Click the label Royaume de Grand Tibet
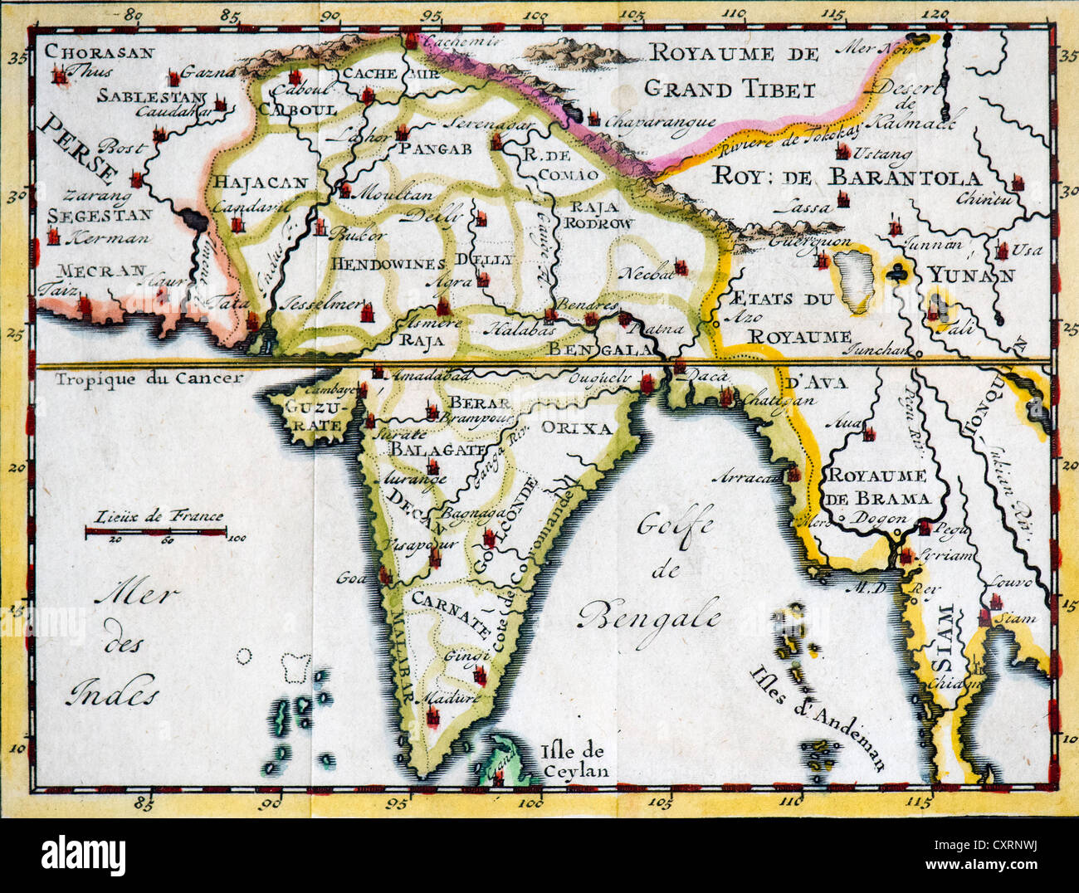point(732,71)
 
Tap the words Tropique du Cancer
point(149,378)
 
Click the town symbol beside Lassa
point(842,198)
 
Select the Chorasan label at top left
point(100,52)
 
